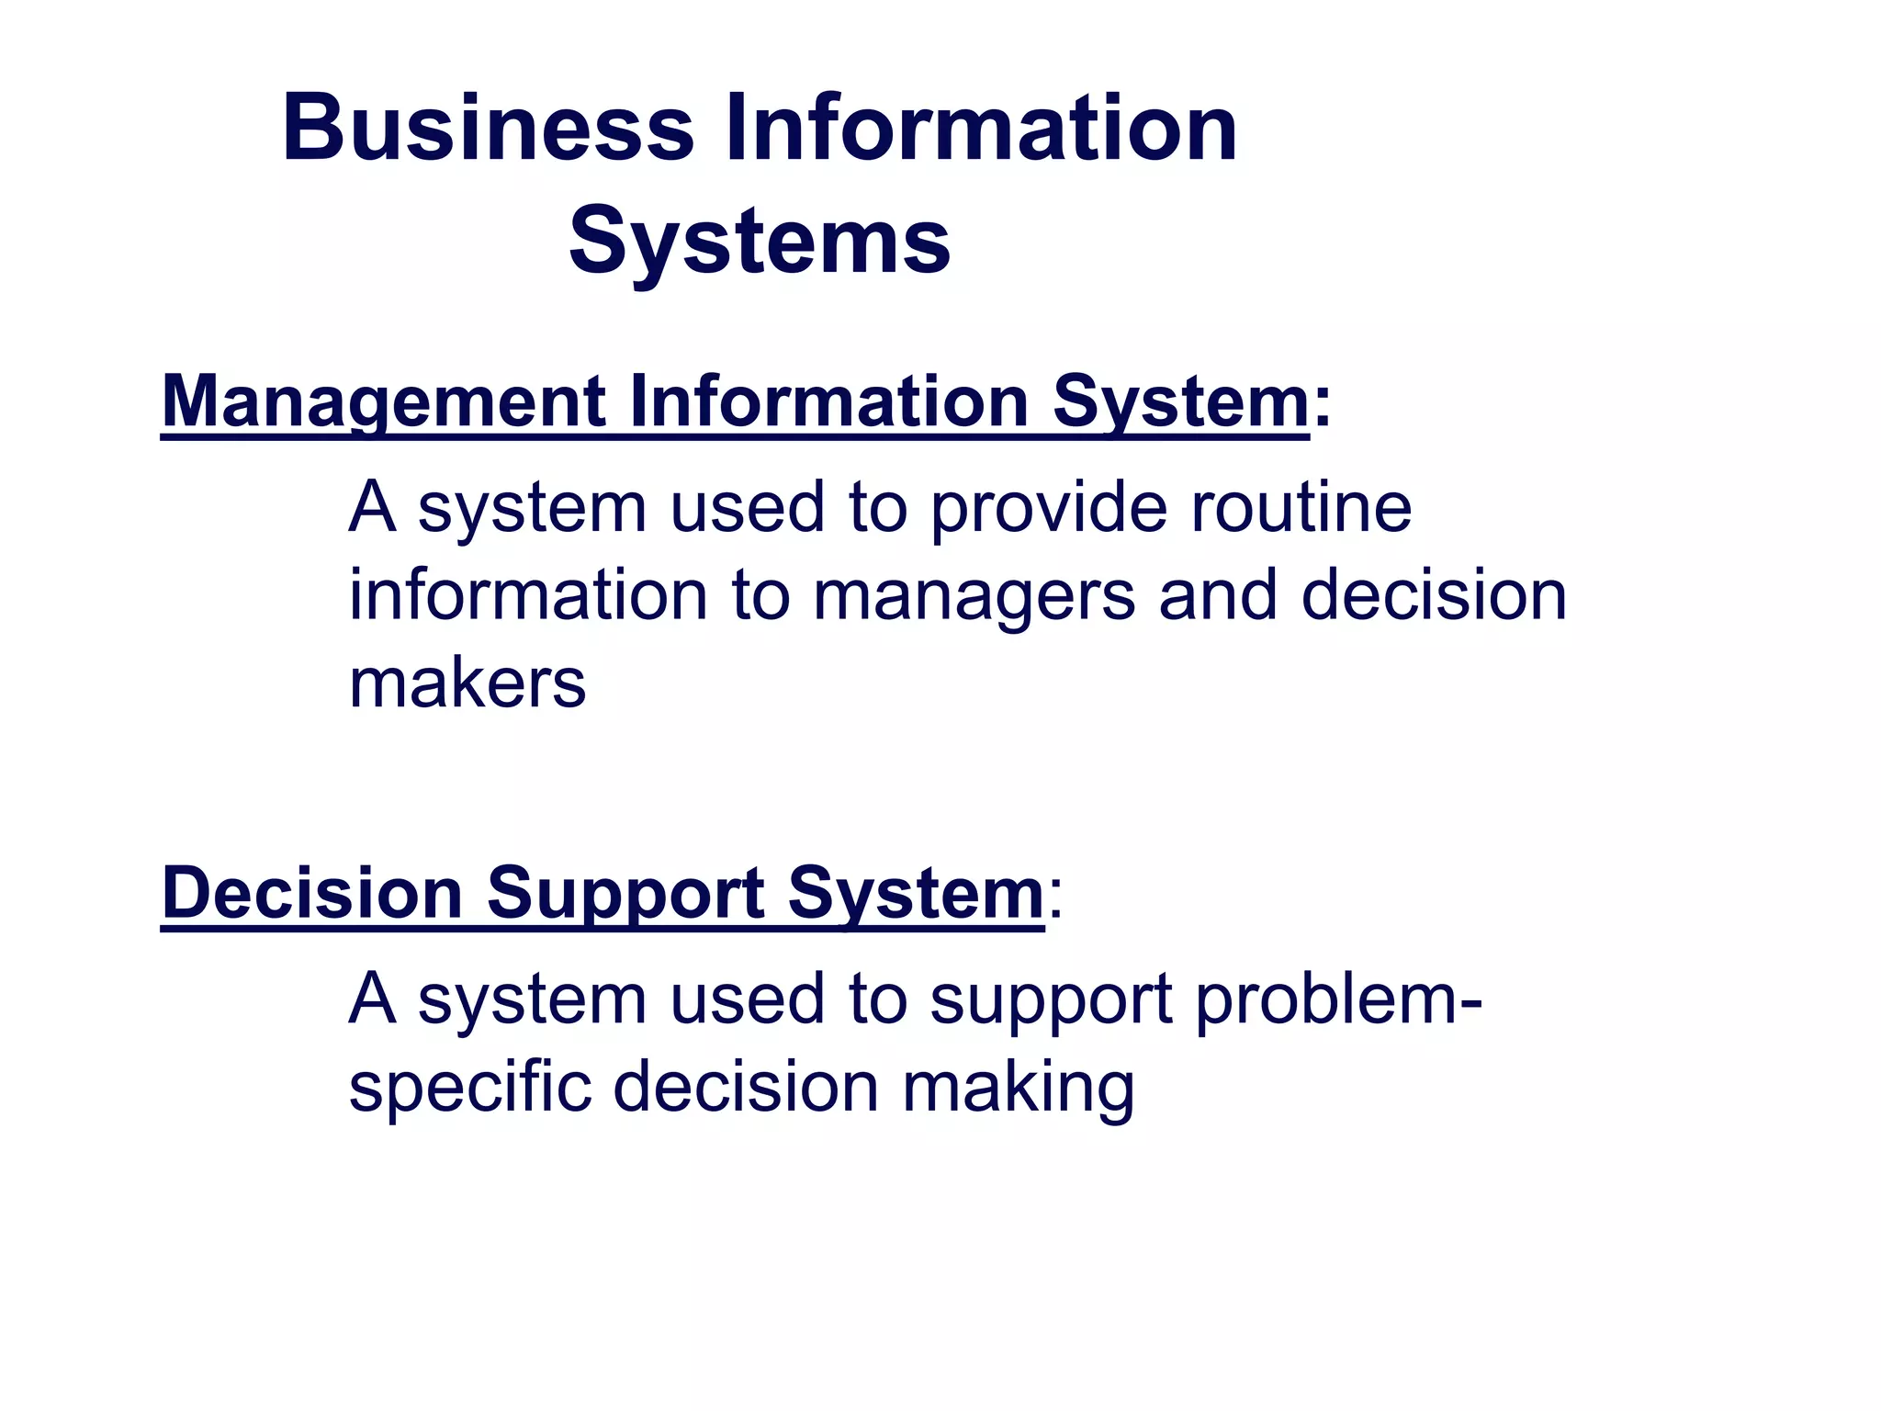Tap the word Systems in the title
(x=760, y=242)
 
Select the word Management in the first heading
(x=383, y=402)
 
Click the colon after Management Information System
(x=1322, y=404)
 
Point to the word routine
(x=1301, y=507)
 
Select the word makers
(x=467, y=683)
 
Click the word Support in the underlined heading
(x=625, y=894)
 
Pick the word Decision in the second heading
(x=312, y=894)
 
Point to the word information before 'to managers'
(x=528, y=595)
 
